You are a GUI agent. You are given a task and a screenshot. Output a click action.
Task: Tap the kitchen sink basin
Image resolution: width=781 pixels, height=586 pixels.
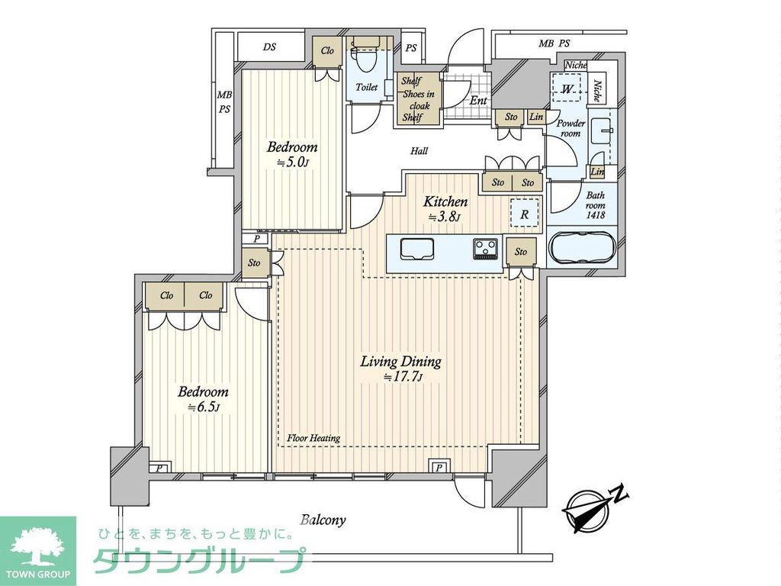coord(416,249)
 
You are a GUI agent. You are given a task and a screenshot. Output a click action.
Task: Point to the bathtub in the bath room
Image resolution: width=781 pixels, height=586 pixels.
coord(582,249)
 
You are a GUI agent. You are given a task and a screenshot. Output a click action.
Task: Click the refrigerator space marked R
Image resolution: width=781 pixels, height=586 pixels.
coord(524,214)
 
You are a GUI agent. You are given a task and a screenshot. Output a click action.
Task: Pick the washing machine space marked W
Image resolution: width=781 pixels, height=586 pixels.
coord(567,89)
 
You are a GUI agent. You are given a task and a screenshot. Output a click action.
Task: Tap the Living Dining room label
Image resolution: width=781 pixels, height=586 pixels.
coord(401,361)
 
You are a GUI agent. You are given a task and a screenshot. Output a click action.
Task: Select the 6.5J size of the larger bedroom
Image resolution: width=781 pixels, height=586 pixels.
coord(203,407)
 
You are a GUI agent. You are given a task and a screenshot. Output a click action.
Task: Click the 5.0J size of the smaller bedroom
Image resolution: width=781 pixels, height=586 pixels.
coord(293,162)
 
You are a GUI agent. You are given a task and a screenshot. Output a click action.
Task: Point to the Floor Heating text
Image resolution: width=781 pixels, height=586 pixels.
coord(313,438)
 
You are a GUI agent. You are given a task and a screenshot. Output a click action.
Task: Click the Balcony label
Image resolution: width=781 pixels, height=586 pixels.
coord(323,520)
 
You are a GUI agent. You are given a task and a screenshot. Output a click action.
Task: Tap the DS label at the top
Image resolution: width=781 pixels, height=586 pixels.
coord(269,47)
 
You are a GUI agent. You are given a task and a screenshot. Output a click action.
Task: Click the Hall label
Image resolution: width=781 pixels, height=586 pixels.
coord(419,150)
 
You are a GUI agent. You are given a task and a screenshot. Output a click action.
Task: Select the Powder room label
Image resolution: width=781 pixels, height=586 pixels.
coord(570,128)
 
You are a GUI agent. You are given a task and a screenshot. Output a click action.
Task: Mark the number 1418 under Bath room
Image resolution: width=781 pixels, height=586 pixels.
coord(595,215)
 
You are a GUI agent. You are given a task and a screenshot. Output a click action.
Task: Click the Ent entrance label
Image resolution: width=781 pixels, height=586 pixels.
coord(478,100)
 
